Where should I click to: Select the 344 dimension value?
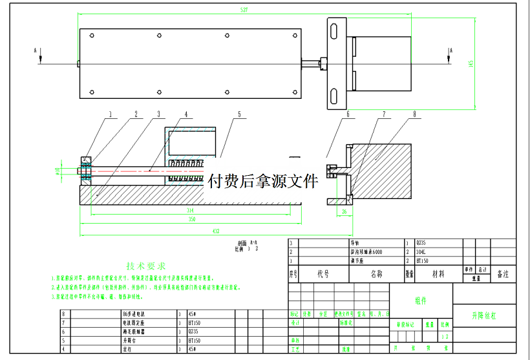pos(190,211)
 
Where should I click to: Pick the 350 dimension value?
pos(191,220)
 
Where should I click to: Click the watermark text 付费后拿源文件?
pos(261,180)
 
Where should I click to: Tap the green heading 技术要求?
pos(146,266)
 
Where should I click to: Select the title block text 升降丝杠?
pos(484,316)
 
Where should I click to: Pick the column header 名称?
pos(376,274)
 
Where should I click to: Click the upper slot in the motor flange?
pos(334,31)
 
